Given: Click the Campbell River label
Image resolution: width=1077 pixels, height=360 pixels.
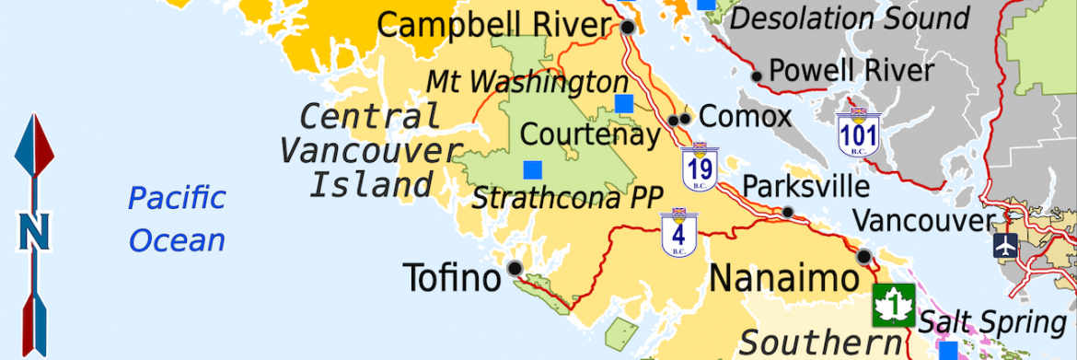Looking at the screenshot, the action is [494, 25].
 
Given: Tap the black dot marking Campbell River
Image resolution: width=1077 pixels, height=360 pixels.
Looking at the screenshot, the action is [628, 28].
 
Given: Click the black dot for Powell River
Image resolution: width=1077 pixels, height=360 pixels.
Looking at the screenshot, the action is [757, 76].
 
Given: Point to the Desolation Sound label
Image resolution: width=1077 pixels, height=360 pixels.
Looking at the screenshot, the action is [850, 18].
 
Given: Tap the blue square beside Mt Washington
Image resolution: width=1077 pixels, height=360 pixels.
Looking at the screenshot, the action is [624, 103].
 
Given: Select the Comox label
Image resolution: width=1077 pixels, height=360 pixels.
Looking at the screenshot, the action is [745, 117].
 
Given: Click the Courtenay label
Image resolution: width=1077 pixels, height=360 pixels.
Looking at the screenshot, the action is [590, 134].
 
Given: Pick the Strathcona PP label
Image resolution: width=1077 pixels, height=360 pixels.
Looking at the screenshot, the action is [555, 198].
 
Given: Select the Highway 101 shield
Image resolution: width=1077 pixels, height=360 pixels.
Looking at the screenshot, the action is [859, 132].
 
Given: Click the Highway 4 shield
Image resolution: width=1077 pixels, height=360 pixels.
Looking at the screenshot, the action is [679, 232].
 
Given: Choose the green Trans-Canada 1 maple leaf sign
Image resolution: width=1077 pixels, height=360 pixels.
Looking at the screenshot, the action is [893, 306].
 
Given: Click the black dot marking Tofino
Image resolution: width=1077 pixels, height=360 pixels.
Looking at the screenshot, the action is [515, 268].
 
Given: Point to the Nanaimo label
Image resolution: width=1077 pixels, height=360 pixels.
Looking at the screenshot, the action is [783, 278].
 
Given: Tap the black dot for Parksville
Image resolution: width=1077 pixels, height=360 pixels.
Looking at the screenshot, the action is [788, 213].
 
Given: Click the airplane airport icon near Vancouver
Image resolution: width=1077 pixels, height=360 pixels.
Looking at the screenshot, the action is [1005, 246].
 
